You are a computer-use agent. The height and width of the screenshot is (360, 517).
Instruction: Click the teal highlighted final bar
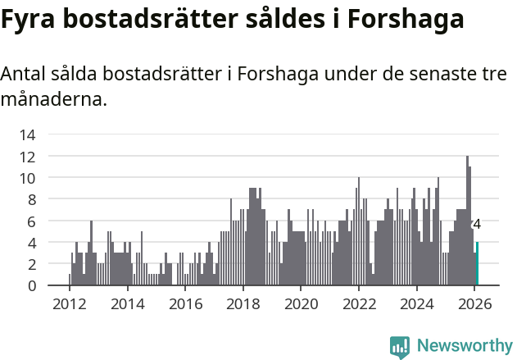click(x=477, y=264)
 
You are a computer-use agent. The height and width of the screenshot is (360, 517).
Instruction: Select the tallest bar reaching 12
click(x=467, y=221)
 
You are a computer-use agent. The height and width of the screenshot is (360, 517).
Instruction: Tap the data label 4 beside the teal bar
click(x=477, y=225)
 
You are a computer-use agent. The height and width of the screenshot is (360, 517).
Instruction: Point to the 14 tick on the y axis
click(x=27, y=134)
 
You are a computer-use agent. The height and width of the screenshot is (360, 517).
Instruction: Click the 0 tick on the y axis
click(x=31, y=285)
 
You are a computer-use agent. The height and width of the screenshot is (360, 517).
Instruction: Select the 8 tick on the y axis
click(x=31, y=199)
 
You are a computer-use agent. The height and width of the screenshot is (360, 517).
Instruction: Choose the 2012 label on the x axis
click(x=69, y=303)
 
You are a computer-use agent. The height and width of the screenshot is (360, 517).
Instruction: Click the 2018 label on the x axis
click(x=243, y=303)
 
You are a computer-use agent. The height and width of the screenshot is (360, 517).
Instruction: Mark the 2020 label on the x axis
click(x=301, y=303)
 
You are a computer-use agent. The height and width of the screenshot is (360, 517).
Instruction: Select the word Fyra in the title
click(x=29, y=20)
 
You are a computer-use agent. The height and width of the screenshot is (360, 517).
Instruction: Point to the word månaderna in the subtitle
click(x=52, y=101)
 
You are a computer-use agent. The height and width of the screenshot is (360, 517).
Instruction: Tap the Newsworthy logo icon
click(x=400, y=347)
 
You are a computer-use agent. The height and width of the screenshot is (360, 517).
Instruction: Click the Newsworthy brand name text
click(x=464, y=346)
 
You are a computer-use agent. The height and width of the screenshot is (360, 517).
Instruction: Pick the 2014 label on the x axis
click(x=127, y=303)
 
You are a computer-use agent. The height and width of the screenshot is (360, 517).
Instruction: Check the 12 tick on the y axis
click(x=27, y=156)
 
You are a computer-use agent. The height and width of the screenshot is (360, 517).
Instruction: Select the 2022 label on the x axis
click(x=358, y=303)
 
